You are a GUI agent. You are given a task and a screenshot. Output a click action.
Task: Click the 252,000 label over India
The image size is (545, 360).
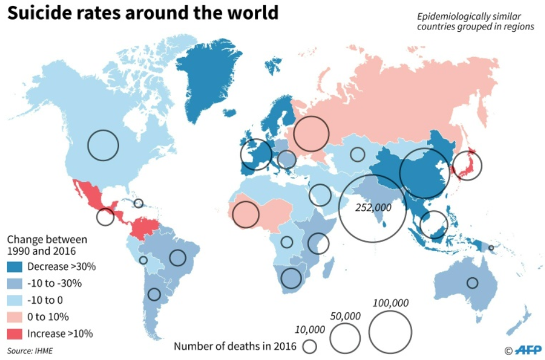(374, 208)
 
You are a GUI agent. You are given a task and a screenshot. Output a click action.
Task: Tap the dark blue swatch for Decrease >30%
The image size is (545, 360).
(14, 267)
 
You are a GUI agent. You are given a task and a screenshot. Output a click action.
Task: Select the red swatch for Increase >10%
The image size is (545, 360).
(14, 334)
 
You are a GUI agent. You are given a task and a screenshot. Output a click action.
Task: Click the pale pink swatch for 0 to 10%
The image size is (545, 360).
(14, 317)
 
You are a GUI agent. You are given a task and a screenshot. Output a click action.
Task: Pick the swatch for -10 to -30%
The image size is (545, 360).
(14, 283)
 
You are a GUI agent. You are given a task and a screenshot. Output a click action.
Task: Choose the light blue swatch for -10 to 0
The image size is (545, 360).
(14, 300)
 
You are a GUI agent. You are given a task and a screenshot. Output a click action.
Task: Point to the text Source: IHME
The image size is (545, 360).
(30, 351)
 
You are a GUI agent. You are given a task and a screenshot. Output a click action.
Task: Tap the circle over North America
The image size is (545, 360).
(87, 145)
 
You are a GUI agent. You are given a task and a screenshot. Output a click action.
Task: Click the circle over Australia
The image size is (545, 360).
(467, 283)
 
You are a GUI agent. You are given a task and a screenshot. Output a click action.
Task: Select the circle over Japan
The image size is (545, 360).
(452, 166)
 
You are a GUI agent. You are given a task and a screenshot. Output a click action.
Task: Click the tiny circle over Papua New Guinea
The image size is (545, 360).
(489, 248)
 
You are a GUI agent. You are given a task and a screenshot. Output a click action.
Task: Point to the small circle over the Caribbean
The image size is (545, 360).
(134, 203)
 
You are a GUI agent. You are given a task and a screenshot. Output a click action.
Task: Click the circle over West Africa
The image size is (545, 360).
(232, 215)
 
